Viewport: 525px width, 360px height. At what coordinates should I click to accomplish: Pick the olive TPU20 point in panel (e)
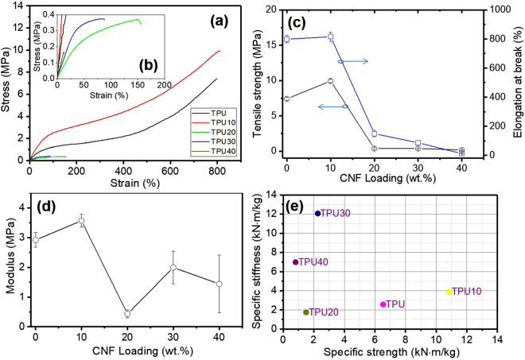306,312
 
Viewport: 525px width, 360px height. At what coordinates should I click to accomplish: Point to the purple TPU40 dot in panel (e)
296,262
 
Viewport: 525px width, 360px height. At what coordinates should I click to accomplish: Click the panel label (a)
218,21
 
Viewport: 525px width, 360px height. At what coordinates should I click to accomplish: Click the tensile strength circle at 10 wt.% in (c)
330,81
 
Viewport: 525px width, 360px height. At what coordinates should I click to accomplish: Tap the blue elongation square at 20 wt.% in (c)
374,134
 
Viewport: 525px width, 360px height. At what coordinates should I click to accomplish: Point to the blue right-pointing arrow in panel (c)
353,61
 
